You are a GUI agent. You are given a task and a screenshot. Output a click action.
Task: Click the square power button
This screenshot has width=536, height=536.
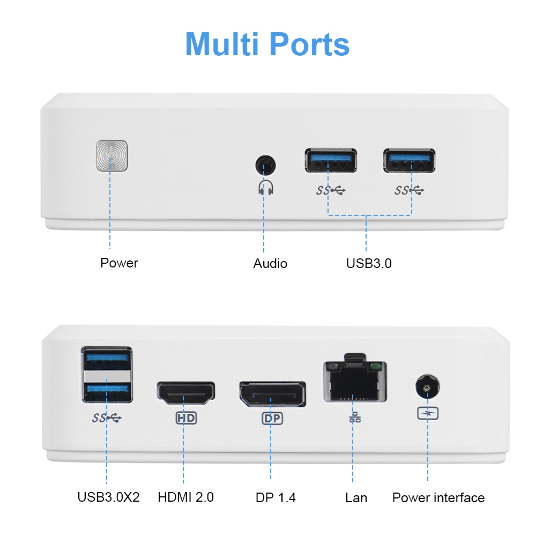111,157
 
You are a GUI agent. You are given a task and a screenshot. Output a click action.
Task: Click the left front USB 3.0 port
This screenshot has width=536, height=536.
331,160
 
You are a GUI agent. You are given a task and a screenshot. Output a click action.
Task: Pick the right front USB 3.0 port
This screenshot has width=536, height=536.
409,160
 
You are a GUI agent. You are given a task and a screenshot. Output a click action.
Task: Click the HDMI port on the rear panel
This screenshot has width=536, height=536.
185,394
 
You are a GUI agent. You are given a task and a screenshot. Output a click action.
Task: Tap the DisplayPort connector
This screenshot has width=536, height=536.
272,394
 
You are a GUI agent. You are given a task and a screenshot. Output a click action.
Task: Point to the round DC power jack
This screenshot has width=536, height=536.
427,387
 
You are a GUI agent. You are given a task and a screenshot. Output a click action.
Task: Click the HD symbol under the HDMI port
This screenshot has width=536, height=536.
185,418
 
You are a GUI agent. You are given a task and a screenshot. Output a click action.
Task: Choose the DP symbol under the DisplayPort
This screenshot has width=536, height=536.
272,418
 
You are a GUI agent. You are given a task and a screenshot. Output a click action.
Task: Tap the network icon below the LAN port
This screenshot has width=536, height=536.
354,418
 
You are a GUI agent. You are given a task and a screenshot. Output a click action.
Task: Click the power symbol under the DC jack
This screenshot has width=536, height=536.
427,413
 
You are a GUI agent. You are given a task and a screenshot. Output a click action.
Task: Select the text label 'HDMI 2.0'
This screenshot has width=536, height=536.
185,497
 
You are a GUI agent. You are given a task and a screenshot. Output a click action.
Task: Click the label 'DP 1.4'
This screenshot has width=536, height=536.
276,497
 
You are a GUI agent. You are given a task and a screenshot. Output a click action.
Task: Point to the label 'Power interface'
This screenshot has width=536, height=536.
438,497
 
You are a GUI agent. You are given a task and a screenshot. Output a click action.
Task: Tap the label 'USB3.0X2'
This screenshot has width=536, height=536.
108,497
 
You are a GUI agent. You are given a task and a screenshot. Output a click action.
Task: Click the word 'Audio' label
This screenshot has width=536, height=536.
270,263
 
